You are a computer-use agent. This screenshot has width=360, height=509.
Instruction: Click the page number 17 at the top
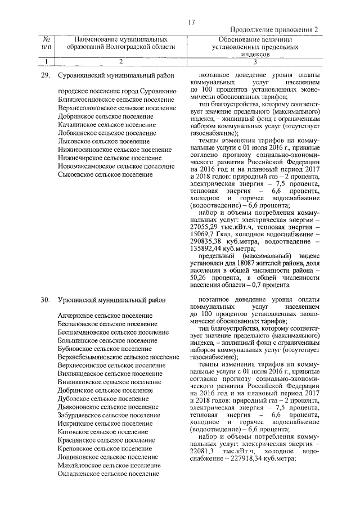(191, 22)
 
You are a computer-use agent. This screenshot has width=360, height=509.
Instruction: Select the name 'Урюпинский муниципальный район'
(110, 300)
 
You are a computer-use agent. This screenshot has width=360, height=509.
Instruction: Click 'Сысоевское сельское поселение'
(105, 175)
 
